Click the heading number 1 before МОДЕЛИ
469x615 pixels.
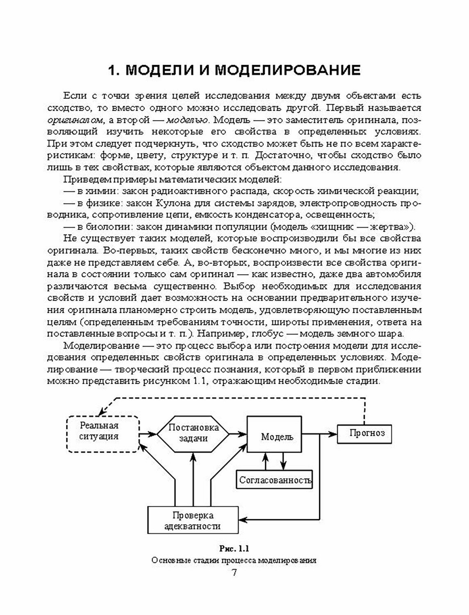[112, 70]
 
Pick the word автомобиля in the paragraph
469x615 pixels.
[395, 274]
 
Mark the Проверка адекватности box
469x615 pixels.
[193, 519]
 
